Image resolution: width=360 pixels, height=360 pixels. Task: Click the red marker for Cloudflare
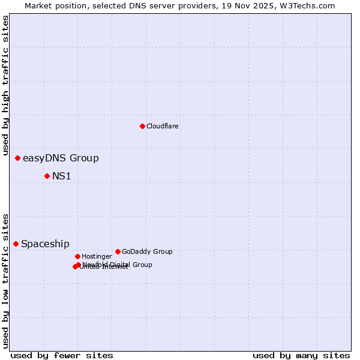point(142,126)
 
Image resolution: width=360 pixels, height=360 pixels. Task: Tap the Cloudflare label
point(162,126)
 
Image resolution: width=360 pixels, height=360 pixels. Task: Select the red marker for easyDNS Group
point(18,158)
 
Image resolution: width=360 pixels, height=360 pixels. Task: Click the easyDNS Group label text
point(61,158)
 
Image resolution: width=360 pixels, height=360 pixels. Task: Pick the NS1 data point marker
point(47,176)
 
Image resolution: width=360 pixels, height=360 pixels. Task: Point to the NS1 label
point(62,176)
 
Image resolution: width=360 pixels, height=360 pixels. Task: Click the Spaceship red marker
point(16,244)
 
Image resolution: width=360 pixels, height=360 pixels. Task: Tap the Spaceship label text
point(45,244)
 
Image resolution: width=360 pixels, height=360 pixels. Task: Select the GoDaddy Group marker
point(118,251)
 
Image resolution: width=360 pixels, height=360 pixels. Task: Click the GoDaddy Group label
point(147,251)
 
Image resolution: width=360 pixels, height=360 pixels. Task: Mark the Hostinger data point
point(77,256)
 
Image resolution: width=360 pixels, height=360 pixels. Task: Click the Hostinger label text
point(97,256)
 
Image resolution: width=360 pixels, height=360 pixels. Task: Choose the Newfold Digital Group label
point(118,265)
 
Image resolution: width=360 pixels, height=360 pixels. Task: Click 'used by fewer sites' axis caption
point(62,355)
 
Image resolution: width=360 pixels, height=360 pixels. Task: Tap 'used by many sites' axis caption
point(301,355)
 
